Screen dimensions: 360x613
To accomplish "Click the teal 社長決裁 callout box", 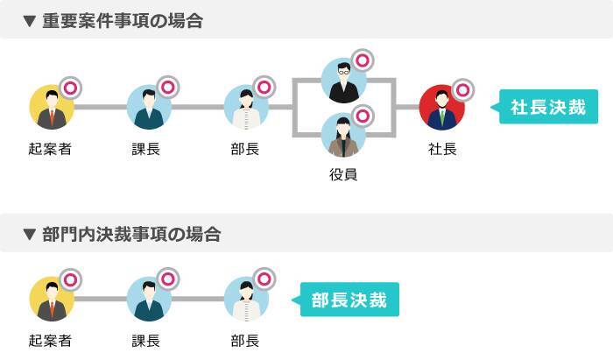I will (550, 107).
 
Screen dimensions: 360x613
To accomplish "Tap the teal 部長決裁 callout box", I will (350, 300).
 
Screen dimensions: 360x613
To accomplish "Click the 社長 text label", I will (442, 150).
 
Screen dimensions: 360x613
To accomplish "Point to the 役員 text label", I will (343, 175).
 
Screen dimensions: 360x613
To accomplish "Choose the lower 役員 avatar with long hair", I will (343, 135).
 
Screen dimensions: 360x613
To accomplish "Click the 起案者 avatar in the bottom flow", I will (51, 300).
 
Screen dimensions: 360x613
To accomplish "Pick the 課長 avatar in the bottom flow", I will (148, 300).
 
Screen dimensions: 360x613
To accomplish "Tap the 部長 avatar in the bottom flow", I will (245, 300).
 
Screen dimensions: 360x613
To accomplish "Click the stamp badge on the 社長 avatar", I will (462, 89).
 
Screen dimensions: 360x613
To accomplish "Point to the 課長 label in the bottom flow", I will (147, 341).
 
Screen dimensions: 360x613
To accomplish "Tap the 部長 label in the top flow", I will (245, 150).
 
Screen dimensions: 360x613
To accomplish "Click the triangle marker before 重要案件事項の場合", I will (30, 21).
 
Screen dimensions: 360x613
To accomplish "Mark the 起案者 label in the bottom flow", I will (50, 341).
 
